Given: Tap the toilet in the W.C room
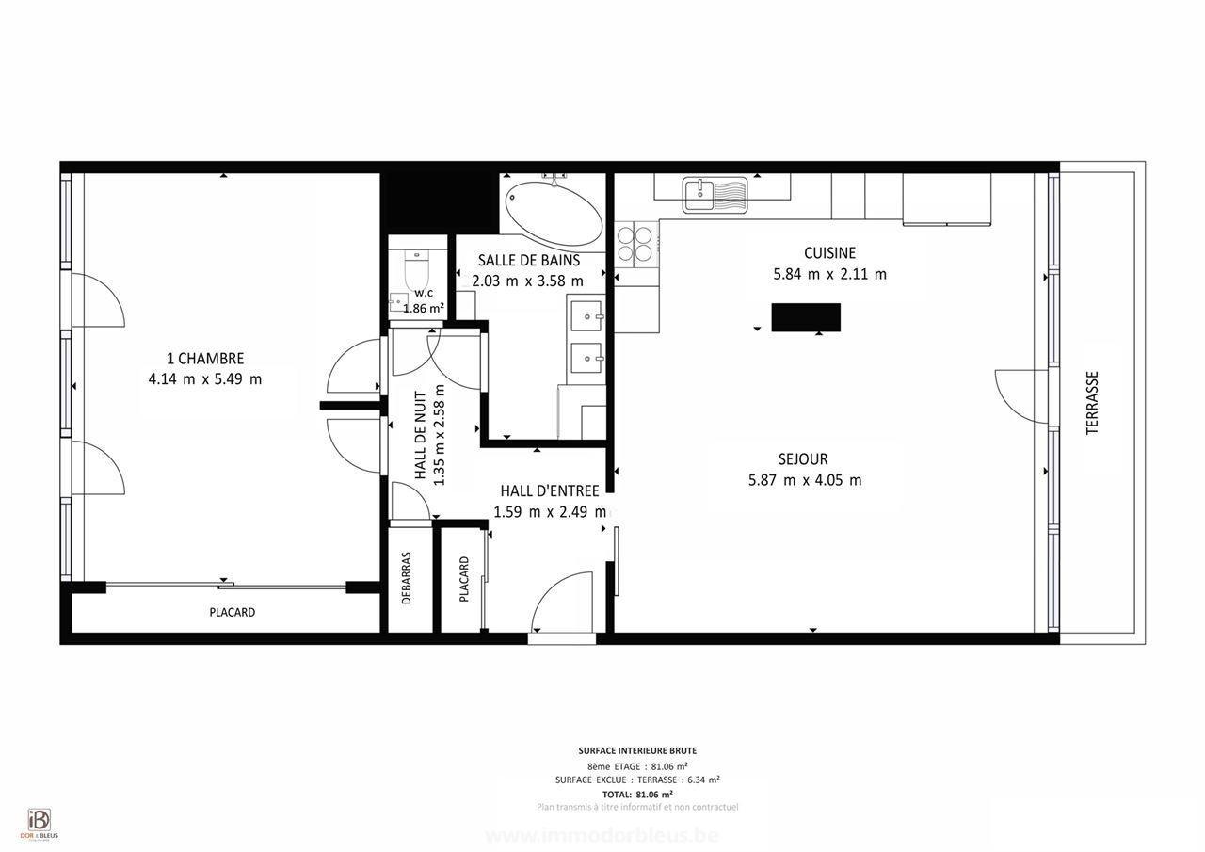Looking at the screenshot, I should [415, 271].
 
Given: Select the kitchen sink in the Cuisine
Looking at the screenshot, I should [715, 195].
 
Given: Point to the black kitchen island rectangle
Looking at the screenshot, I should [806, 317].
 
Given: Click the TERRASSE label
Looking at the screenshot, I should [1093, 402].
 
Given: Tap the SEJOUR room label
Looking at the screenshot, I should [803, 459].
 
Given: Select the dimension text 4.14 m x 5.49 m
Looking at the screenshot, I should [205, 379].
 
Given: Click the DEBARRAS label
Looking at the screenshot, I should [407, 577].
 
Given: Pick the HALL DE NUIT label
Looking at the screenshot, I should [421, 439].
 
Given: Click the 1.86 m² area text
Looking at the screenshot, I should [424, 308].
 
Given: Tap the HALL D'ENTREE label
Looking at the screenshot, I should [550, 490].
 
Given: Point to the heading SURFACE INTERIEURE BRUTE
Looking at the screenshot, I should [637, 750].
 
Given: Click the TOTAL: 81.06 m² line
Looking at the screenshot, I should [637, 794].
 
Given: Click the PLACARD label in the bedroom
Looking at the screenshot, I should [232, 613].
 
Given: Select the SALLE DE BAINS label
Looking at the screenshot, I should [528, 260].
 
